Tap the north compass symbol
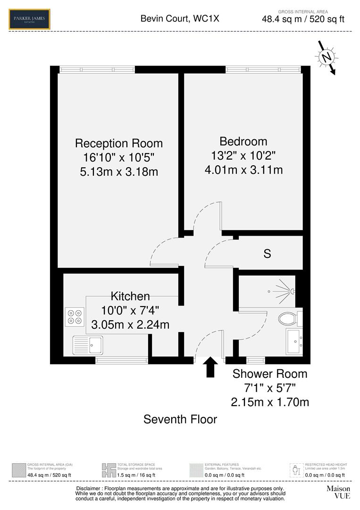click(326, 58)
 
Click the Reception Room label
click(119, 143)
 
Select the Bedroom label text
click(243, 141)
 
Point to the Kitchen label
click(130, 296)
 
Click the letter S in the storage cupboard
click(267, 254)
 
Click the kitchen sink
click(88, 345)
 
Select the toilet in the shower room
click(289, 318)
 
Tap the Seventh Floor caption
click(180, 419)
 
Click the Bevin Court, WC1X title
click(180, 19)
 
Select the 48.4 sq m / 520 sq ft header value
click(303, 19)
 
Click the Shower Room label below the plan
click(270, 374)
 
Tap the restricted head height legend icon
click(296, 470)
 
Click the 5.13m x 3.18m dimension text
click(119, 171)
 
